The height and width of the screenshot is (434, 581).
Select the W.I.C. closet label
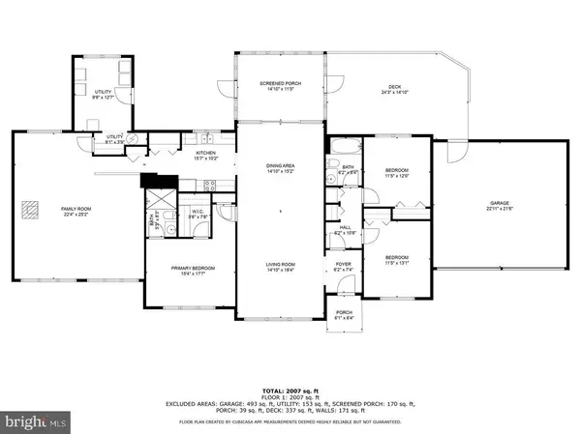(x=197, y=214)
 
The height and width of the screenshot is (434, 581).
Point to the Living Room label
(x=281, y=266)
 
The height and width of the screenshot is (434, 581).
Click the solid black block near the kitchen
(x=153, y=179)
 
